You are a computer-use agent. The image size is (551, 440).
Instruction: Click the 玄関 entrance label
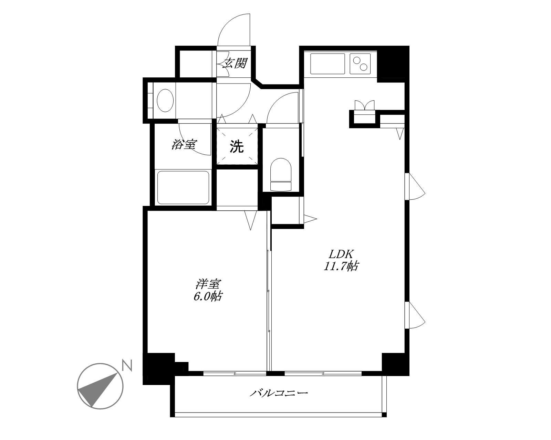click(x=235, y=63)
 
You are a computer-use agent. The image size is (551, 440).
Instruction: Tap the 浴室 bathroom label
click(x=184, y=145)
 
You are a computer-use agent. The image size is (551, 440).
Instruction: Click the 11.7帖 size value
click(x=341, y=266)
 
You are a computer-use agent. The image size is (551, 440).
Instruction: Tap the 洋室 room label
click(x=208, y=284)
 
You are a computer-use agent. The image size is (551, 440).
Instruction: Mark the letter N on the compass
click(x=127, y=365)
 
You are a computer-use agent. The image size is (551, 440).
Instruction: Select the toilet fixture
click(x=281, y=175)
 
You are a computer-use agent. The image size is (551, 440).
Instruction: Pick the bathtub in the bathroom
click(x=183, y=188)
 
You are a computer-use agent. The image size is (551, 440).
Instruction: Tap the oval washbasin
click(x=165, y=100)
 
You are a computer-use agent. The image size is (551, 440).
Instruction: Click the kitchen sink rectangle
click(x=328, y=64)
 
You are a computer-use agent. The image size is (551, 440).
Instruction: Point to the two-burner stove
click(x=360, y=64)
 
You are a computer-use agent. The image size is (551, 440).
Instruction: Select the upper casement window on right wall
click(x=415, y=186)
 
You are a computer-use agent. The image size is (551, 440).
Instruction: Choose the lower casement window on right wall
click(x=415, y=315)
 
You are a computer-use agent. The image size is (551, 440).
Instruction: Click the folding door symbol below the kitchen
click(x=365, y=105)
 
